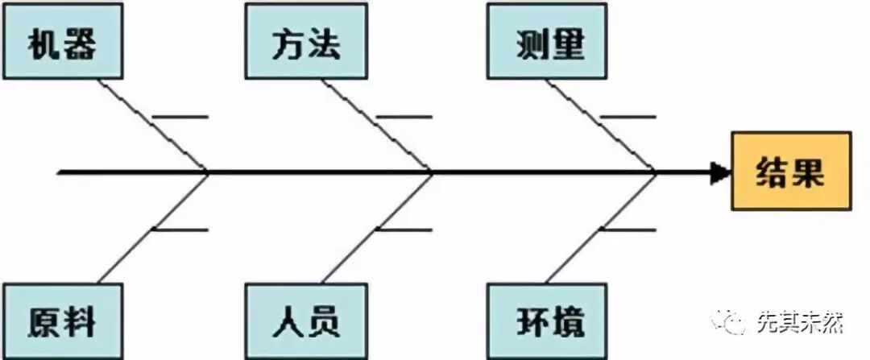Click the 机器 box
(63, 43)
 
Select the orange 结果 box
(790, 171)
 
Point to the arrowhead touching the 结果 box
(719, 172)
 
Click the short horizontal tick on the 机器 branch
(182, 118)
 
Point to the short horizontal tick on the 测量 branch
(628, 118)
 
